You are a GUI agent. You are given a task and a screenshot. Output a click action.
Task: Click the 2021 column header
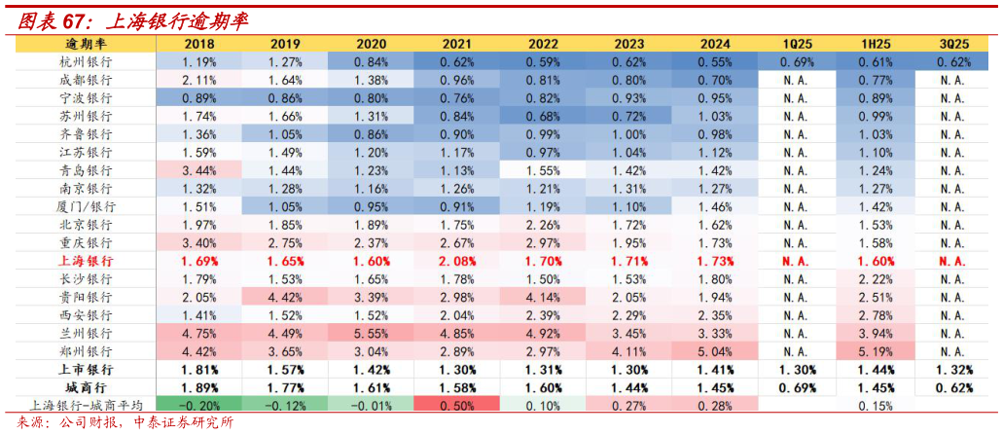click(457, 44)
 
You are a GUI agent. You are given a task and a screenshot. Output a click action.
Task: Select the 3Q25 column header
click(953, 44)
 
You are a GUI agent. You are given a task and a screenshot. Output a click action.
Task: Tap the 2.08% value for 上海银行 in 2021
click(457, 261)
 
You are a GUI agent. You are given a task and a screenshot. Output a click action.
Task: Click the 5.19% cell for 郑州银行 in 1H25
click(876, 350)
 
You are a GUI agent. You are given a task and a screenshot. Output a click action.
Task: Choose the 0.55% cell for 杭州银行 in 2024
click(715, 61)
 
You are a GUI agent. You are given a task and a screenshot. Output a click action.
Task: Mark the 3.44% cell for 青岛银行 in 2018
click(198, 170)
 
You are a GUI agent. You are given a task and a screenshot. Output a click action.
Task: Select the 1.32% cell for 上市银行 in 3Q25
click(953, 370)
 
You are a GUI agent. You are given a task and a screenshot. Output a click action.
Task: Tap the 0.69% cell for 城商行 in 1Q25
click(798, 387)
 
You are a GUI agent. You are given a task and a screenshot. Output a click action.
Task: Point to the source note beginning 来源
click(126, 423)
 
